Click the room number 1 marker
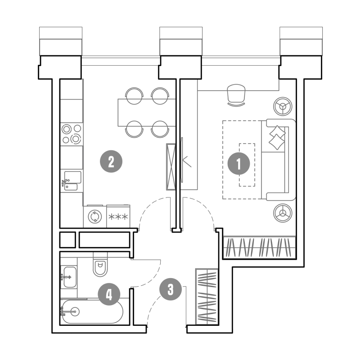click(x=238, y=163)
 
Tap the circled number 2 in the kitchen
click(x=111, y=162)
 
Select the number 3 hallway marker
click(x=171, y=289)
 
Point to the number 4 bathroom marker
click(x=109, y=294)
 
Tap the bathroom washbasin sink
click(x=70, y=277)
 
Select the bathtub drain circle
click(x=75, y=311)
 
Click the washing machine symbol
click(x=95, y=216)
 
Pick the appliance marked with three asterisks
click(x=118, y=216)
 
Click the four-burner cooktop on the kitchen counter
click(x=72, y=134)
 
